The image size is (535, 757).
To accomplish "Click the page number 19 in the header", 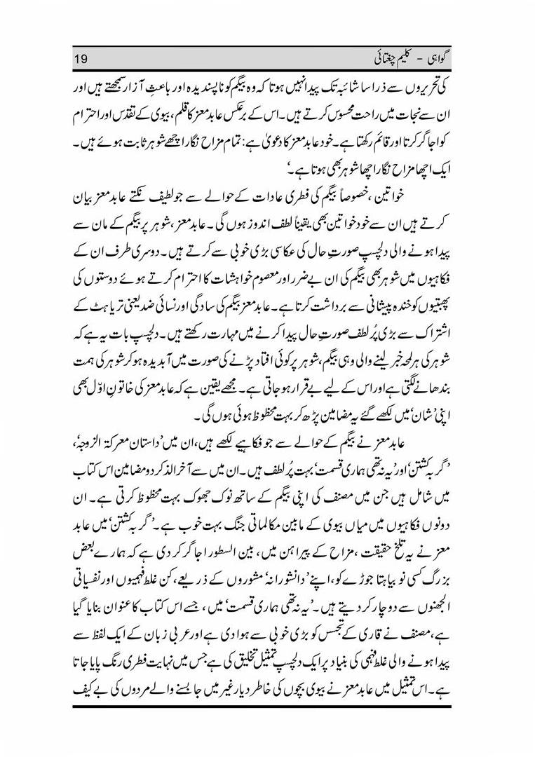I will [82, 55].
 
